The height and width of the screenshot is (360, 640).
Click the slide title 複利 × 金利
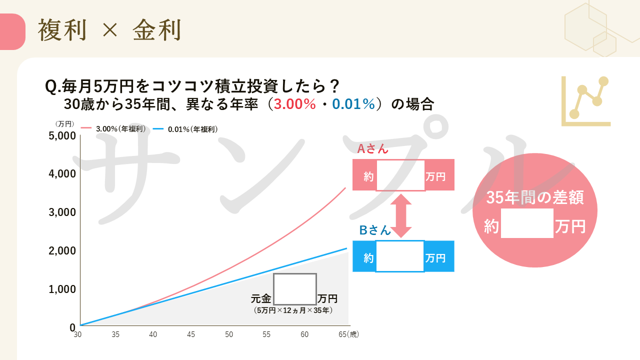tap(109, 31)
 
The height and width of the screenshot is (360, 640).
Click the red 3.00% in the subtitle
tap(295, 104)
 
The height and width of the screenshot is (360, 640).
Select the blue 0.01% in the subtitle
tap(353, 104)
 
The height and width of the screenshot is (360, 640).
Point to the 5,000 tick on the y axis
tap(62, 135)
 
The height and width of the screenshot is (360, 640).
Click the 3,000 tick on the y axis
tap(62, 212)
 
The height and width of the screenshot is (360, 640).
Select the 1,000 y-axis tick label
tap(62, 289)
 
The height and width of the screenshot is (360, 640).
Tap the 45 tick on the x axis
tap(191, 334)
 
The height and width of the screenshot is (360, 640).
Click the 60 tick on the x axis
tap(304, 334)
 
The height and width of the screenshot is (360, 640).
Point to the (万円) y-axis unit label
tap(65, 123)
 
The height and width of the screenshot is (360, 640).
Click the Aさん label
tap(372, 148)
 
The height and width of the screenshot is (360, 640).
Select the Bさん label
tap(375, 230)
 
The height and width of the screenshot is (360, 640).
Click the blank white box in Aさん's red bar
tap(400, 175)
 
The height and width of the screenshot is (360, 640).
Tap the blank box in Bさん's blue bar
tap(399, 256)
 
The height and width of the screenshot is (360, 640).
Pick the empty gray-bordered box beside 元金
tap(295, 289)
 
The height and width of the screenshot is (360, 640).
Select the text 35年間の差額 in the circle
tap(535, 198)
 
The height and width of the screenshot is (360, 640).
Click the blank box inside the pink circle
tap(527, 223)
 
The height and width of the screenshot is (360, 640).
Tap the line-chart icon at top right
tap(585, 101)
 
